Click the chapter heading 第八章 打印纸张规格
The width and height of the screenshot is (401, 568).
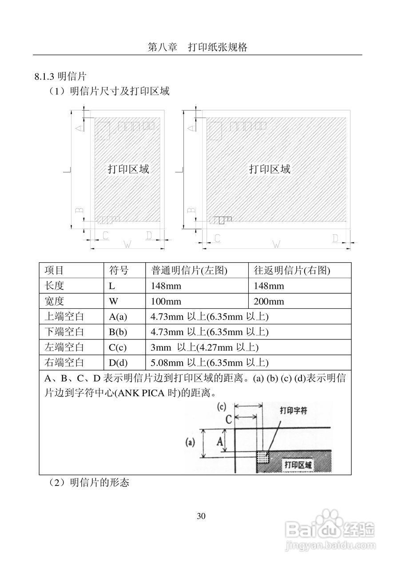point(197,47)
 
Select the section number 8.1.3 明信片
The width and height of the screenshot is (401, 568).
point(60,76)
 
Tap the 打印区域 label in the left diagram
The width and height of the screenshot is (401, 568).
point(128,169)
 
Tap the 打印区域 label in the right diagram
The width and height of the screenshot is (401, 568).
point(270,169)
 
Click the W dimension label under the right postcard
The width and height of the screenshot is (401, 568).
point(276,243)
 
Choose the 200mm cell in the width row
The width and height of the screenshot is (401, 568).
point(269,302)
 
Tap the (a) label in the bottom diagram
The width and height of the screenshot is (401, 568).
point(191,442)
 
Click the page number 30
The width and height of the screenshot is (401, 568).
point(201,516)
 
